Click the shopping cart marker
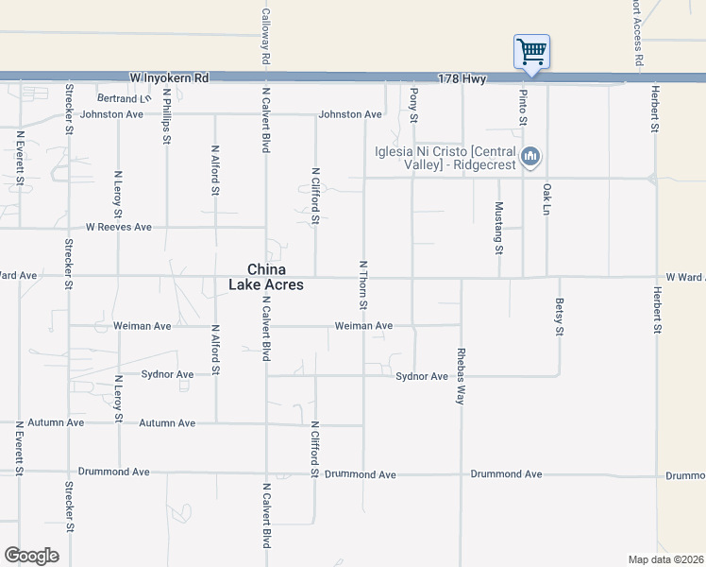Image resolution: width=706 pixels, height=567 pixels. tap(531, 51)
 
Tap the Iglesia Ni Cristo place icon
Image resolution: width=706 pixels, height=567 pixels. tap(530, 156)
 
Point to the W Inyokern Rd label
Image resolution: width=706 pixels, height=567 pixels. tap(169, 78)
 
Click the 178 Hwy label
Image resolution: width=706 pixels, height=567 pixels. tap(462, 79)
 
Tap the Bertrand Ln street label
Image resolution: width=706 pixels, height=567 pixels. tap(124, 98)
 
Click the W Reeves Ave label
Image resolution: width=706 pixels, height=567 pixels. tap(118, 227)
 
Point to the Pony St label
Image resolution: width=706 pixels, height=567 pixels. tap(413, 103)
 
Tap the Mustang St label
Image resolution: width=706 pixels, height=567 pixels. tap(498, 228)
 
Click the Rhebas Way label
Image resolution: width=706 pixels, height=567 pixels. tap(462, 363)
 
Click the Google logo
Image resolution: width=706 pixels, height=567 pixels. tap(31, 556)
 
